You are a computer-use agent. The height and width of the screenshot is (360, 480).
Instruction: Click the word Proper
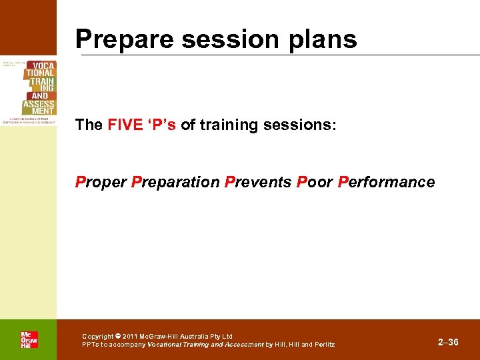tap(101, 182)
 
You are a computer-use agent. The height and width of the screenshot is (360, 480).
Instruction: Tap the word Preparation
tap(175, 182)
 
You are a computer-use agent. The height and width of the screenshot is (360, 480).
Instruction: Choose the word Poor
tap(315, 182)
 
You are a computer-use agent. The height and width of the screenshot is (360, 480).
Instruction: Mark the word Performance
tap(387, 182)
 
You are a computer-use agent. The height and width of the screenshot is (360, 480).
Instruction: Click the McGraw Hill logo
tap(29, 339)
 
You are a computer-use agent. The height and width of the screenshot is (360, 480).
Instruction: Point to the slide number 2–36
tap(448, 342)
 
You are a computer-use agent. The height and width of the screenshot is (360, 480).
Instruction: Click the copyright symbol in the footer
tap(117, 336)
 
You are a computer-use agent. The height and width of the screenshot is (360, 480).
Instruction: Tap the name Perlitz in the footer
tap(322, 345)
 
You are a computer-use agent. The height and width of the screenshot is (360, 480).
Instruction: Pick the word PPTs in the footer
tap(91, 345)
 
